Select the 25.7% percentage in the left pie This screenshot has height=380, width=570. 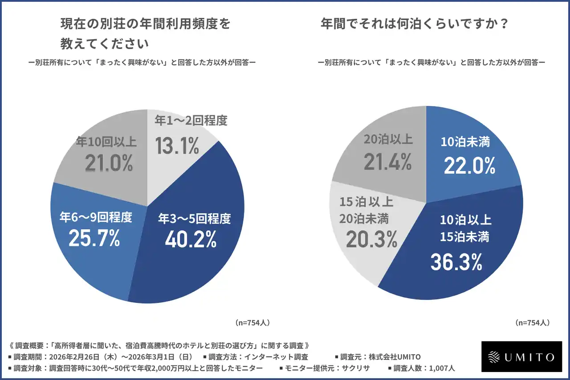pyautogui.click(x=94, y=238)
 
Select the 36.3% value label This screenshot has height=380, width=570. pyautogui.click(x=456, y=262)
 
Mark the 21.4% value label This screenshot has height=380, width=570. pyautogui.click(x=387, y=163)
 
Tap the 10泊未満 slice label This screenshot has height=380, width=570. pyautogui.click(x=465, y=142)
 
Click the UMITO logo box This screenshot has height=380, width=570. pyautogui.click(x=521, y=356)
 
